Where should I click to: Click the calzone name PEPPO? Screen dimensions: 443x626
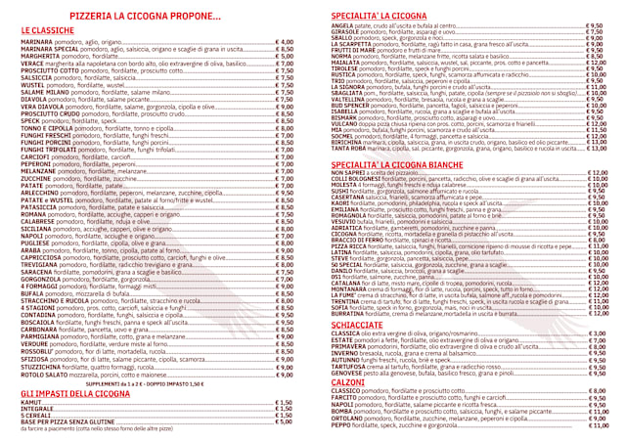tap(341, 426)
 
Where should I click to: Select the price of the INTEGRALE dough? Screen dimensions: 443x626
tap(283, 381)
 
